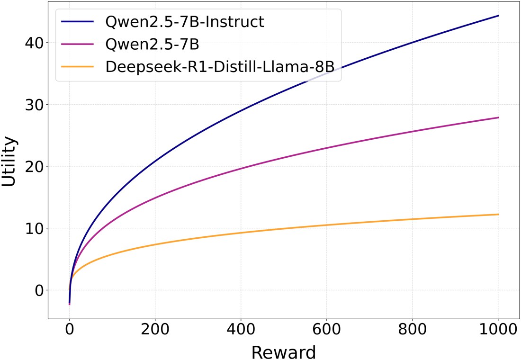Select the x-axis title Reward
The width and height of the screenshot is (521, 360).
coord(283,352)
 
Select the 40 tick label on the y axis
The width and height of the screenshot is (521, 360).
coord(34,43)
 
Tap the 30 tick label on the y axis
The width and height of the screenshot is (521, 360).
coord(34,105)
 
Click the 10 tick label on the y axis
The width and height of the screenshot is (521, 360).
coord(34,228)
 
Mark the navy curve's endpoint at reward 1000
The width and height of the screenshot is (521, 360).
coord(498,16)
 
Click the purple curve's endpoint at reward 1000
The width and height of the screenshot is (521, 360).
coord(498,117)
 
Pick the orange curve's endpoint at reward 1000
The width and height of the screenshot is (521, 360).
coord(498,215)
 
